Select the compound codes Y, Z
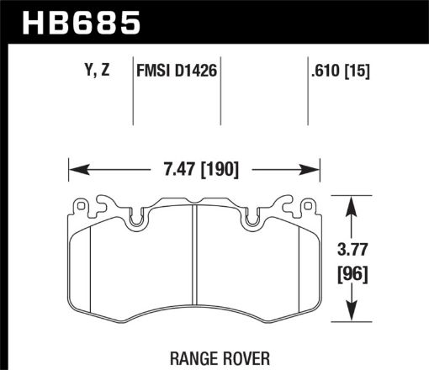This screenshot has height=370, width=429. [x=98, y=72]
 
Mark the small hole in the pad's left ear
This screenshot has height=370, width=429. [x=82, y=203]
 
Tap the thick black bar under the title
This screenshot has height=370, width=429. [x=214, y=41]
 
